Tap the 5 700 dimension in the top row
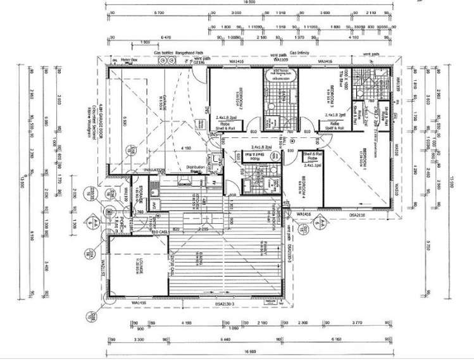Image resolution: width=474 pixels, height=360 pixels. (159, 12)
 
